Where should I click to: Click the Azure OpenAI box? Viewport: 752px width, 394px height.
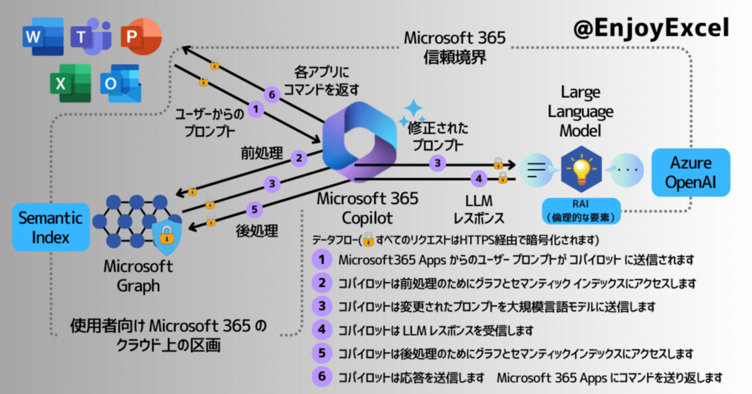pos(691,172)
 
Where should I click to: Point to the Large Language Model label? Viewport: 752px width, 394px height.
pos(580,112)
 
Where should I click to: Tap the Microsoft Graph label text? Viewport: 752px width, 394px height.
pos(139,276)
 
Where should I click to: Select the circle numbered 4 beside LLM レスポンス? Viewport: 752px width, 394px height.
pos(479,179)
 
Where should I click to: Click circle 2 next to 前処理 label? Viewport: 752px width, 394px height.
pos(299,158)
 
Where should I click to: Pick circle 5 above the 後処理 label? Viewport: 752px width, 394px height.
pos(254,209)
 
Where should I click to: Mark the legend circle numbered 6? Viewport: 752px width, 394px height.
pos(322,376)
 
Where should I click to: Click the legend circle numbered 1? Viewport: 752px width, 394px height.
pos(322,259)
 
